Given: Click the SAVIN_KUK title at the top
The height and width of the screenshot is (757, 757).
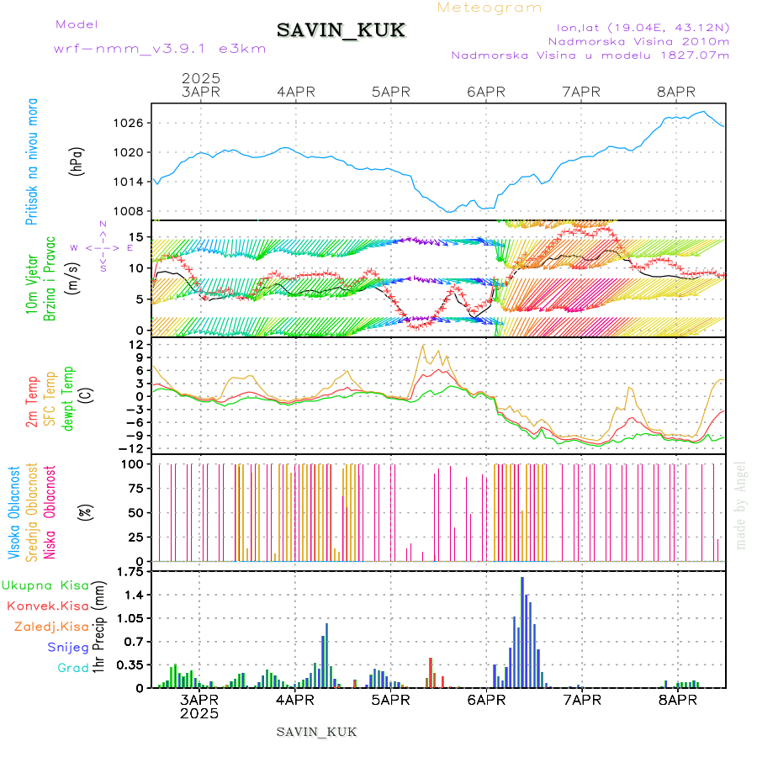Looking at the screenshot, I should point(341,31).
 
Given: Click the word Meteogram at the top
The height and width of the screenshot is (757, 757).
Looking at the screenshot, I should point(490,8).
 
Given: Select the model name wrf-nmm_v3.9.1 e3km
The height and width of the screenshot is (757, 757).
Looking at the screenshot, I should point(160,48).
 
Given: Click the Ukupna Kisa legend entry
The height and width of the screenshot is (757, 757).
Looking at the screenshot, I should point(45,584).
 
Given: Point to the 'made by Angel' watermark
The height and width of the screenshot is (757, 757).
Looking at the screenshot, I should point(741,505).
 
